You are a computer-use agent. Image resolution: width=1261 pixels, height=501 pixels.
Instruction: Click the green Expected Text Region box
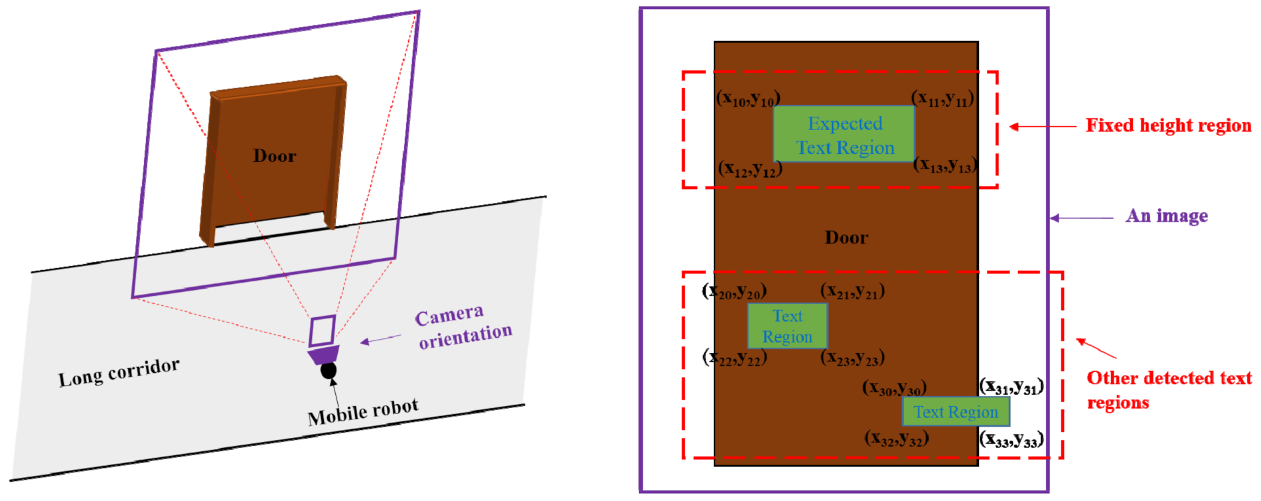pos(844,135)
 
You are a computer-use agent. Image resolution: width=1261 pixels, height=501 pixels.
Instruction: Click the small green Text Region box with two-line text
pos(787,326)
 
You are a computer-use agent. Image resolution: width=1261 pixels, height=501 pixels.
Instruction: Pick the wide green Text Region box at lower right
pos(956,412)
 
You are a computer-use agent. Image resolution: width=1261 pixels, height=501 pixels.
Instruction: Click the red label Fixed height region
pos(1168,125)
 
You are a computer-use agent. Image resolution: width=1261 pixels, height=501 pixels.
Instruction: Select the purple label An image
pos(1167,216)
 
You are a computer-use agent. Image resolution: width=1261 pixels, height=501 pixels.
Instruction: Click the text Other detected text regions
pos(1168,390)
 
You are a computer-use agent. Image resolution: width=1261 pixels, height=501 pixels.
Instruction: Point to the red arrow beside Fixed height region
pos(1043,126)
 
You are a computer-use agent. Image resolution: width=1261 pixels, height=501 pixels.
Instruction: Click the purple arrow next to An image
pos(1082,218)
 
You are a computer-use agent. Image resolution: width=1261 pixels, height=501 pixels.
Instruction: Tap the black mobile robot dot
pos(329,370)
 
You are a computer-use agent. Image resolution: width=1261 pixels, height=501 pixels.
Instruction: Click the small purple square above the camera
pos(322,330)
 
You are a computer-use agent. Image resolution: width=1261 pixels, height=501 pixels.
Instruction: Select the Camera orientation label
pos(463,326)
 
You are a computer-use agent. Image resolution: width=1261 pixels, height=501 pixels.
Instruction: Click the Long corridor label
pos(119,372)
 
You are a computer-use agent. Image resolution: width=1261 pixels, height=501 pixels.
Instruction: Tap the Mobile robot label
pos(363,412)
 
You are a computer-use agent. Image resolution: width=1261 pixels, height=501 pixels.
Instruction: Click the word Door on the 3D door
pos(274,156)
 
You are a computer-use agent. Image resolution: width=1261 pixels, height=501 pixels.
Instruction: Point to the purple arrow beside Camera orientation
pos(380,340)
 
